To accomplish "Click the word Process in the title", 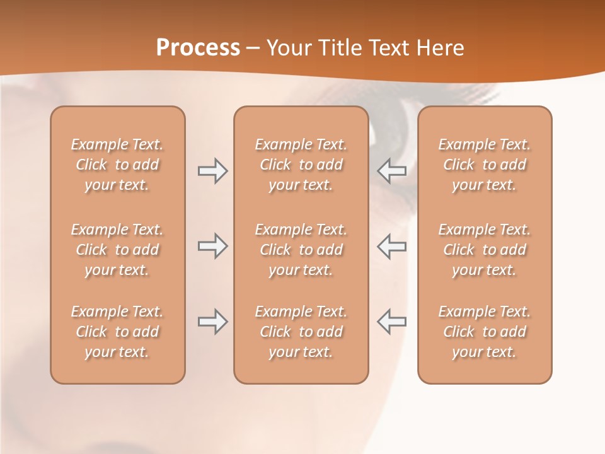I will coord(198,48).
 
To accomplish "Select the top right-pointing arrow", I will coord(212,171).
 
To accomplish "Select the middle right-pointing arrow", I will coord(212,247).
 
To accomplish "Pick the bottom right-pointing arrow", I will coord(212,322).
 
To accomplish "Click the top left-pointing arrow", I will coord(392,170).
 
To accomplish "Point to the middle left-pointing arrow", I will coord(392,247).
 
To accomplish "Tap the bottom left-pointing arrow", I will coord(392,322).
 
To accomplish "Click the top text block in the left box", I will coord(117,165).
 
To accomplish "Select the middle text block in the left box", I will coord(117,250).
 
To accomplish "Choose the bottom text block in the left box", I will coord(117,332).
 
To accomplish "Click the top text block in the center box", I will coord(301,165).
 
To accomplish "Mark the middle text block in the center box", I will coord(301,250).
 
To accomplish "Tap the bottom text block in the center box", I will coord(301,332).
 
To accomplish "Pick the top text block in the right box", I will coord(485,165).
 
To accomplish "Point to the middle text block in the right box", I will coord(485,250).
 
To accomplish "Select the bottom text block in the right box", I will coord(485,332).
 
